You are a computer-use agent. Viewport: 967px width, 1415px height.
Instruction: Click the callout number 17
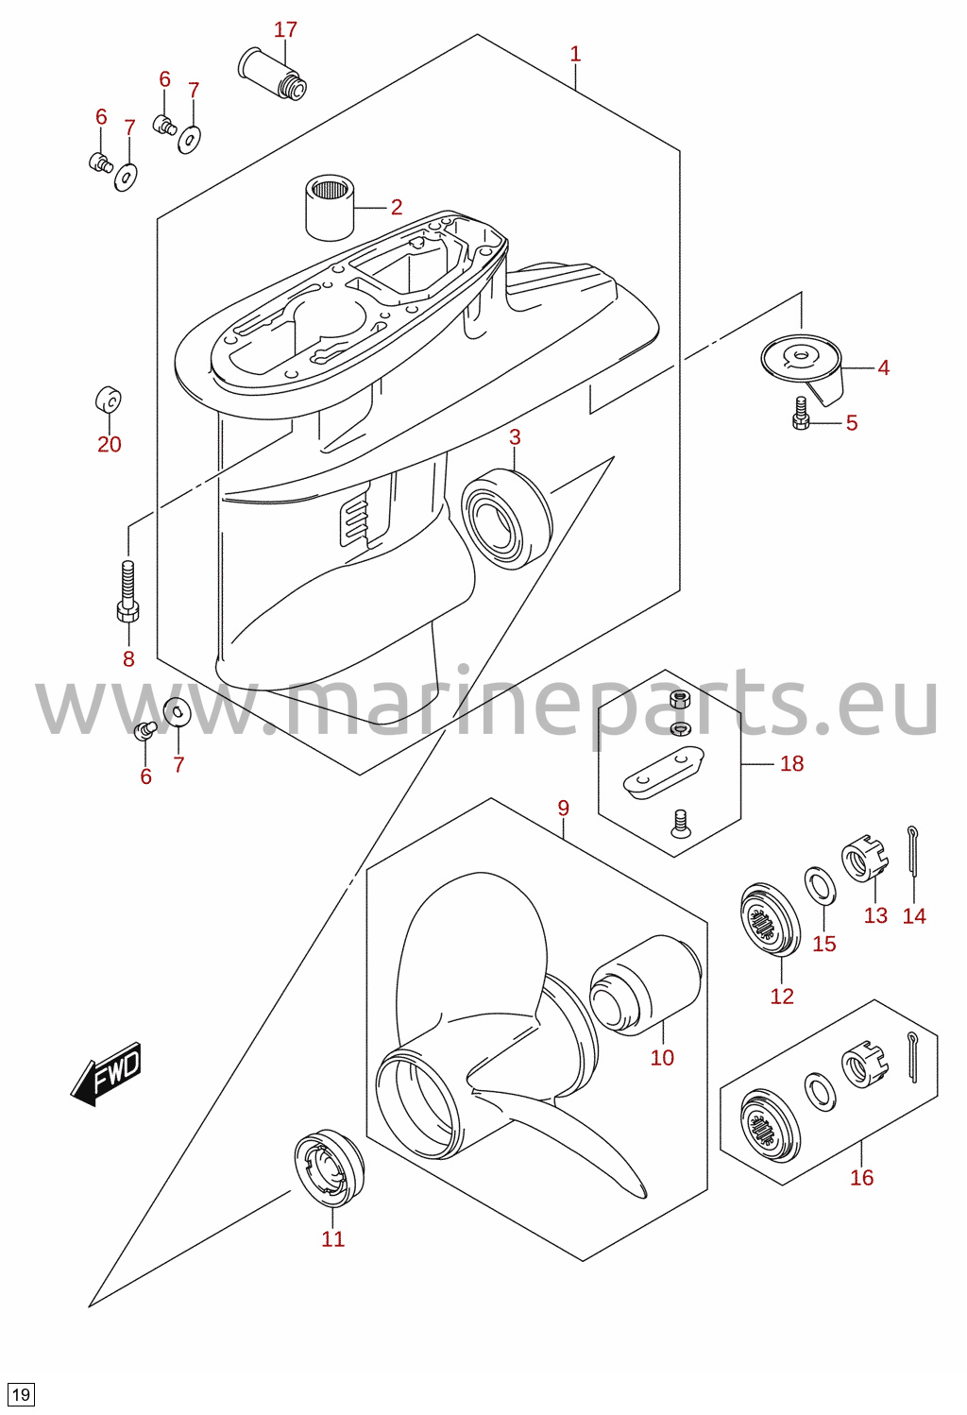click(x=285, y=29)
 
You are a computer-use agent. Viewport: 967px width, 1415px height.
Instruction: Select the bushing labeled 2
click(x=330, y=207)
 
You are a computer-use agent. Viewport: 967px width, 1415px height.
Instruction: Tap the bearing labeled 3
click(x=506, y=520)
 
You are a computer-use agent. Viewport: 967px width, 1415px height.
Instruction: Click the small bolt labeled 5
click(x=801, y=414)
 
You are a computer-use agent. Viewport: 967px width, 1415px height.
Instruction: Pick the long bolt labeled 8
click(x=128, y=591)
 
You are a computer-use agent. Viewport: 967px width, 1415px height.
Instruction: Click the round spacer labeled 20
click(x=108, y=400)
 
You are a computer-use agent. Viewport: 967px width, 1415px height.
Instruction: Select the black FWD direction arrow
click(x=106, y=1073)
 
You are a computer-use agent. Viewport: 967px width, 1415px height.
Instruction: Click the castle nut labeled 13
click(x=865, y=859)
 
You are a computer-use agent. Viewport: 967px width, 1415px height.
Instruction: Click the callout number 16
click(x=861, y=1178)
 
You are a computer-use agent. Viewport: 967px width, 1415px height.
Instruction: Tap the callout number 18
click(x=792, y=764)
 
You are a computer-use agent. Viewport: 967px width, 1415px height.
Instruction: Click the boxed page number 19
click(x=21, y=1394)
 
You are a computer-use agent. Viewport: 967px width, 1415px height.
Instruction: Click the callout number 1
click(x=575, y=55)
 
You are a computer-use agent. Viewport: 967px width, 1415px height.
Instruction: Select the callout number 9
click(x=564, y=808)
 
